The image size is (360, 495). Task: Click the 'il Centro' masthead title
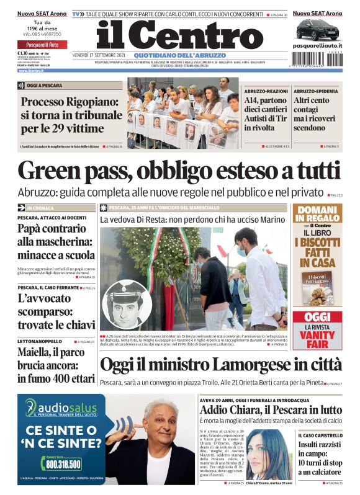coord(180,35)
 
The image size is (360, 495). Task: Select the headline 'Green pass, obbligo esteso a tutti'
coord(179,171)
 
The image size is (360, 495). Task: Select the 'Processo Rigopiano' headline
coord(71,115)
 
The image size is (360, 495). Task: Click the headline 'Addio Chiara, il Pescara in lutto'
coord(270,409)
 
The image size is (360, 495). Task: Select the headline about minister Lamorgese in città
coord(220,364)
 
